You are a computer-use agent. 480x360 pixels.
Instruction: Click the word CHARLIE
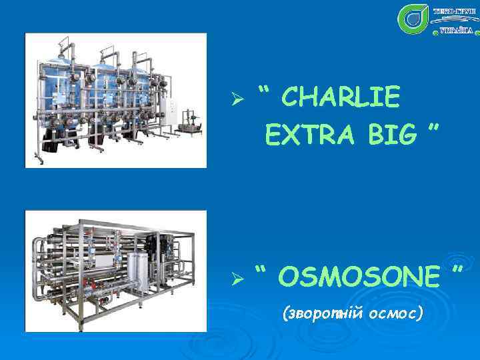click(x=341, y=99)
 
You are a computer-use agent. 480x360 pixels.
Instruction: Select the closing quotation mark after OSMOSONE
click(x=457, y=269)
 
